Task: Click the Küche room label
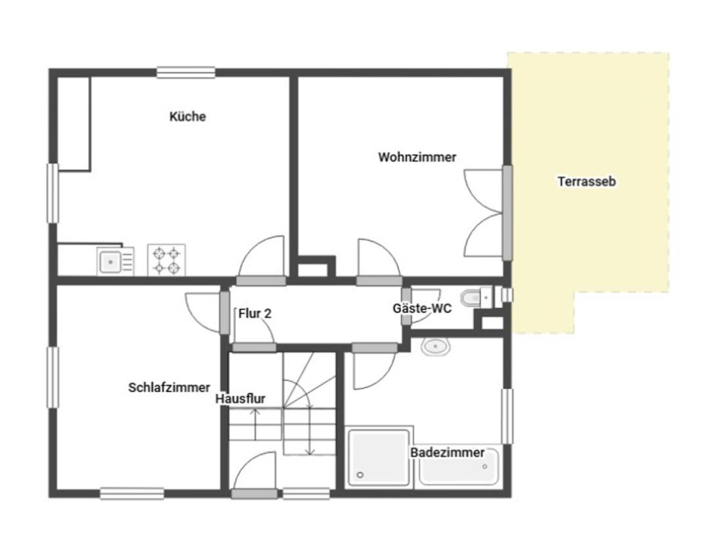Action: pos(187,116)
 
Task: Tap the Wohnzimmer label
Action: pos(417,157)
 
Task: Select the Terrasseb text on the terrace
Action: pos(587,182)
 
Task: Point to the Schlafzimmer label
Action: pos(169,387)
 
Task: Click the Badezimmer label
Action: pos(448,453)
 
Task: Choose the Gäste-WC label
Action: pos(422,309)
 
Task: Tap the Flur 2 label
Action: pos(255,314)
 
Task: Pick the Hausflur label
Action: pos(240,399)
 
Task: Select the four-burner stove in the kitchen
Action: pos(166,260)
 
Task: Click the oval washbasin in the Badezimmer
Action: pos(436,347)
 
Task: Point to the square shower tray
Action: pos(379,458)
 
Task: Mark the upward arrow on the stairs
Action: pos(255,424)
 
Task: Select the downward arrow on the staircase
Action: pos(310,431)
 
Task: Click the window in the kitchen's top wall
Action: pos(186,73)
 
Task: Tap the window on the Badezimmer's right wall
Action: pos(507,416)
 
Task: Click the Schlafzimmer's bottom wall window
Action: pos(132,493)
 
